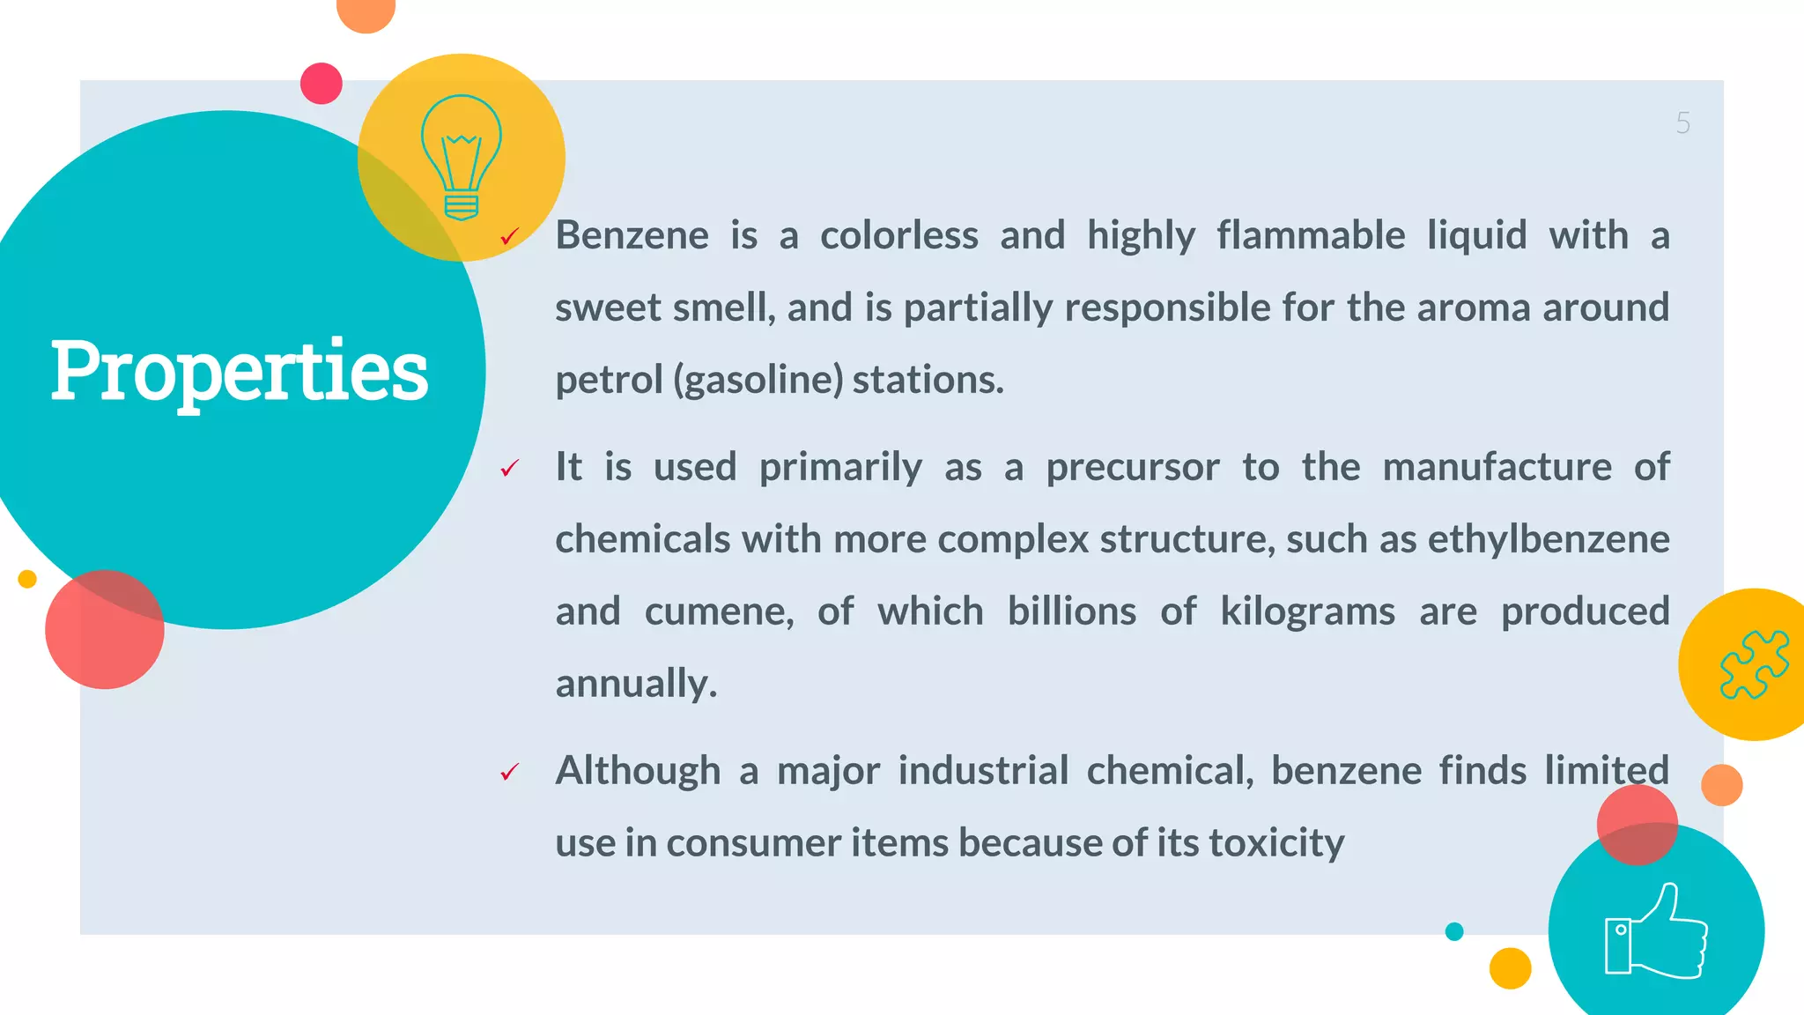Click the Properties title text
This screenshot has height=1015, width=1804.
coord(239,371)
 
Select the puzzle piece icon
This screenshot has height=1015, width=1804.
coord(1754,664)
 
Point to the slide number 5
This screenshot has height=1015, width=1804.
coord(1682,123)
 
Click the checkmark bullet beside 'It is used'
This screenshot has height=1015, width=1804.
coord(509,468)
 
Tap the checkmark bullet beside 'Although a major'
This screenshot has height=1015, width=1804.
coord(509,772)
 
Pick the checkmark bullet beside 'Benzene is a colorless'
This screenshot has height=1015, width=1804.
coord(509,236)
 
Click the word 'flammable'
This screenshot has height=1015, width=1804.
coord(1311,236)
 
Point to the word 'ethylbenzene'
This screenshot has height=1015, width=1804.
coord(1548,539)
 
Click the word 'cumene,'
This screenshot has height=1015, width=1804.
coord(719,611)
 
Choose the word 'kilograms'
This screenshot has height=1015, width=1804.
coord(1307,611)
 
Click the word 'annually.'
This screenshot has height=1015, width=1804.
coord(636,684)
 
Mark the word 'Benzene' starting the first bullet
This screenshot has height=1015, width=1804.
coord(632,236)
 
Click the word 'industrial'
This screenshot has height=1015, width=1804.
coord(983,771)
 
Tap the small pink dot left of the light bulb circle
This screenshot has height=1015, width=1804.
coord(322,84)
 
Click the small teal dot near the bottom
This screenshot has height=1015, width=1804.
coord(1454,931)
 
